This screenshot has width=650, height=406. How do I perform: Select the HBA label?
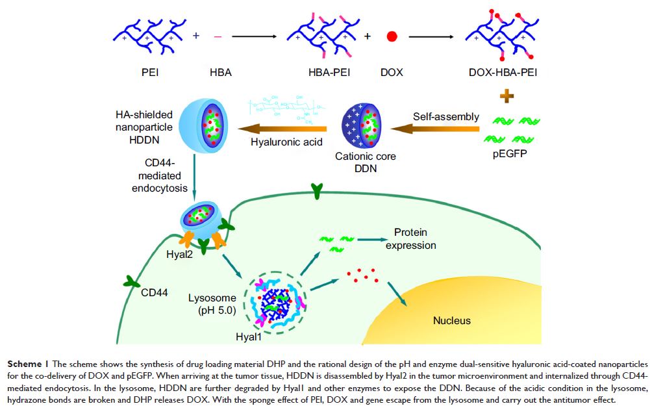click(x=218, y=72)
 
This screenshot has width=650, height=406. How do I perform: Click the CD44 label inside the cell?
click(x=155, y=292)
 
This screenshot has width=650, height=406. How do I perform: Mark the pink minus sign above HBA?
click(x=218, y=36)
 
